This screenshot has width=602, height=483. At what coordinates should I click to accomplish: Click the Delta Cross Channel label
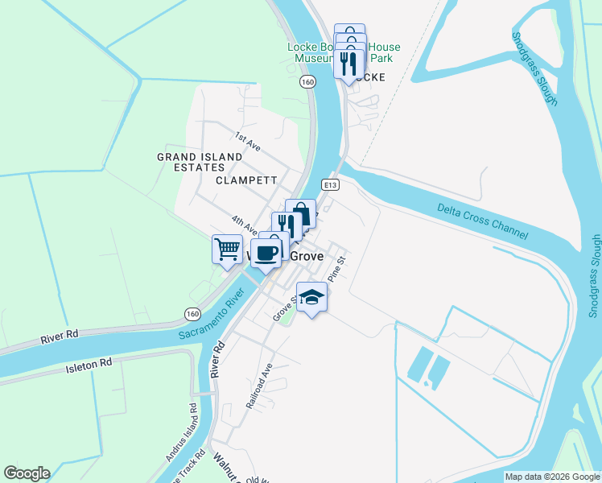point(483,221)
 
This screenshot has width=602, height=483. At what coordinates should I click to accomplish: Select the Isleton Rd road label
point(88,368)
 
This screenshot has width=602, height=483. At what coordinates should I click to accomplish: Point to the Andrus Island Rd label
point(182,432)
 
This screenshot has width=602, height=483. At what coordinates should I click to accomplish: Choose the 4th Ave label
point(243,225)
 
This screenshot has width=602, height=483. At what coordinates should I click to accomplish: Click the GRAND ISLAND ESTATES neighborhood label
point(200,162)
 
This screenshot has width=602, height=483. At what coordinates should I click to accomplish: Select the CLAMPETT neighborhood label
point(246,180)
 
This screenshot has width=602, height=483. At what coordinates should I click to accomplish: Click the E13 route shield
point(328,184)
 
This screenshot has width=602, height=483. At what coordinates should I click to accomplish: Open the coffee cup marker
point(266,252)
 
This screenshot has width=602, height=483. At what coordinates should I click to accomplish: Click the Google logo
point(27,473)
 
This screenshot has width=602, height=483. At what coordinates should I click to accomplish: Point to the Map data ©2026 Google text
point(551,477)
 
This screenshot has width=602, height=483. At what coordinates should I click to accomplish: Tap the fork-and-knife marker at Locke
point(348,64)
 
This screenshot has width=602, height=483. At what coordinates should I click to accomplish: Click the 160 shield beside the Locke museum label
point(307,81)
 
